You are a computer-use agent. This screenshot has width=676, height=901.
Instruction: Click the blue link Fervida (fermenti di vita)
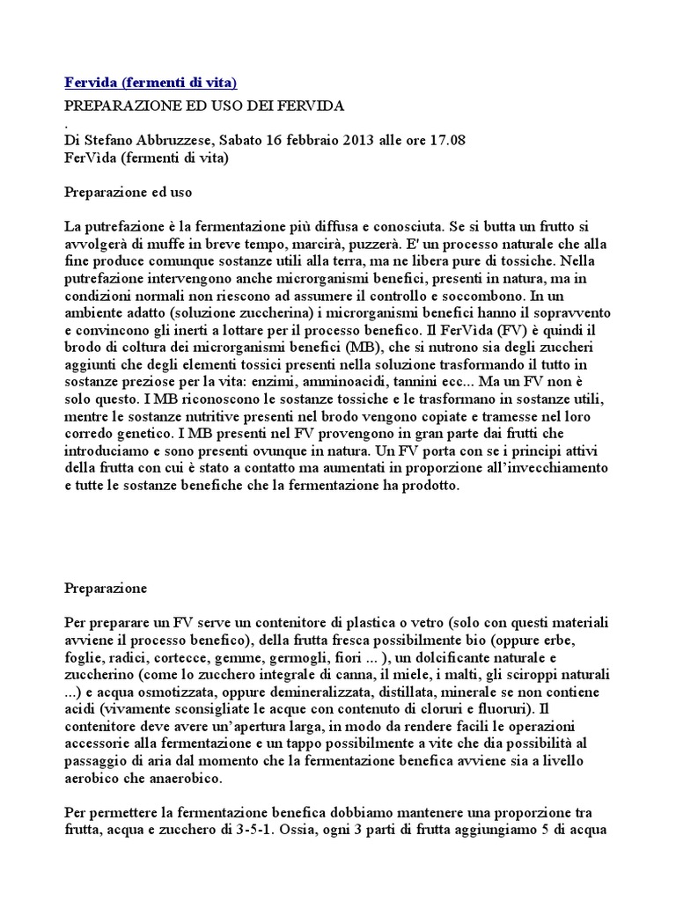tap(151, 83)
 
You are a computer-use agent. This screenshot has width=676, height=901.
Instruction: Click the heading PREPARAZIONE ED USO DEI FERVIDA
tap(204, 106)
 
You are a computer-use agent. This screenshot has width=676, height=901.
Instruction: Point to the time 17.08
tap(447, 140)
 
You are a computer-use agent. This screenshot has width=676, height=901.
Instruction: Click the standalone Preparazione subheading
tap(107, 587)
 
